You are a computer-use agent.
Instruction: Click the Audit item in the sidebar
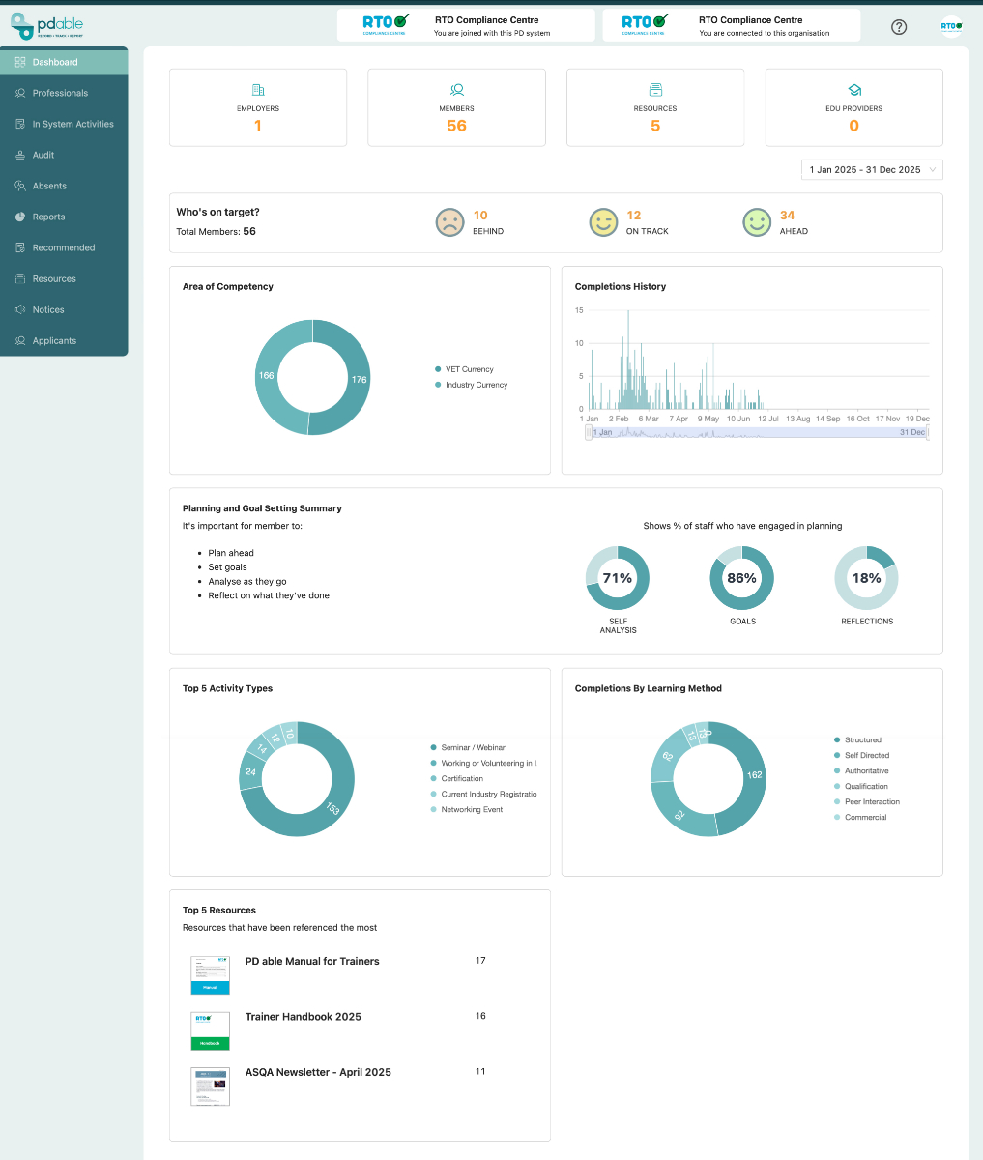43,155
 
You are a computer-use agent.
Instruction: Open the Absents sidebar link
49,186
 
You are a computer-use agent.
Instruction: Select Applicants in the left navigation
54,340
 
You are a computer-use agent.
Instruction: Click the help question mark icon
899,27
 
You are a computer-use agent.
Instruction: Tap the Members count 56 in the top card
456,126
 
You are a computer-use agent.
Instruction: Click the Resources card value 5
655,126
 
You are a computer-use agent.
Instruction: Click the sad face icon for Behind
448,223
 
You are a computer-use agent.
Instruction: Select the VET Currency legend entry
469,369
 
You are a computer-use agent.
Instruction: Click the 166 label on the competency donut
267,375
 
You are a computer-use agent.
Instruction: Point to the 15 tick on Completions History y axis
579,310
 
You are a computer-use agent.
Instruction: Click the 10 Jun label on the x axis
738,419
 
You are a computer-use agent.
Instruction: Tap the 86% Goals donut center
741,578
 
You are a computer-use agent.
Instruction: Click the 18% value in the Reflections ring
866,578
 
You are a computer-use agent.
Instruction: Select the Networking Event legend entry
472,809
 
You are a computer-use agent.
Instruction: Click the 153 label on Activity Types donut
331,807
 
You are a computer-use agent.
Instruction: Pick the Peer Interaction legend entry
872,801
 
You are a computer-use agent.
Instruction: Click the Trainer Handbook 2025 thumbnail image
210,1031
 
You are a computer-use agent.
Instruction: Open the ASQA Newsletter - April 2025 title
318,1072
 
